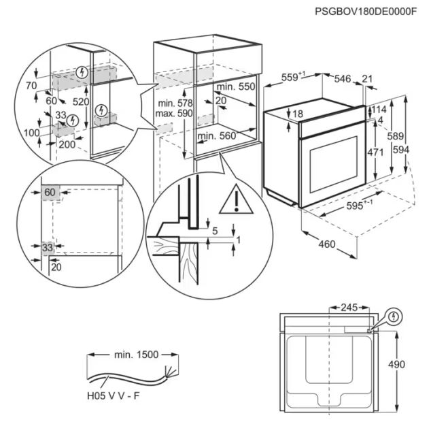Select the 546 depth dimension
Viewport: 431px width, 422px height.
pyautogui.click(x=342, y=80)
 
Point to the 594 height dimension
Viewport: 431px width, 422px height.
pyautogui.click(x=420, y=149)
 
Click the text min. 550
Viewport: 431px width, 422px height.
pyautogui.click(x=235, y=87)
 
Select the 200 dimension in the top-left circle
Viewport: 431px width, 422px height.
pyautogui.click(x=67, y=145)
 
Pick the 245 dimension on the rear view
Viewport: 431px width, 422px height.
pyautogui.click(x=349, y=308)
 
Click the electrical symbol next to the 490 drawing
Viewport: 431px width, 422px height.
pyautogui.click(x=394, y=316)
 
